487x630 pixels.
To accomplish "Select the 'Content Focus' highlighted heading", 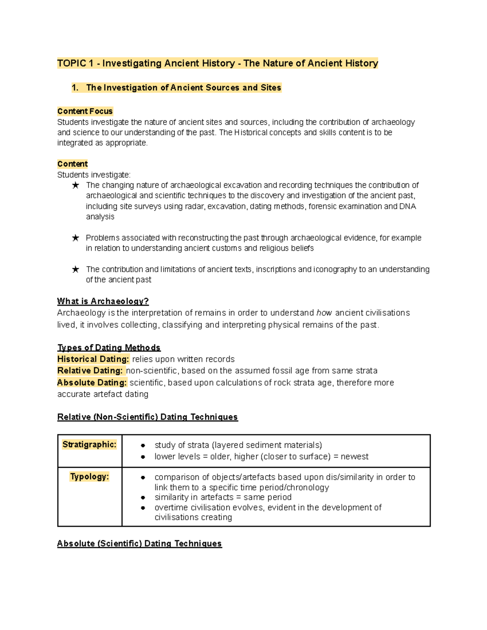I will (85, 111).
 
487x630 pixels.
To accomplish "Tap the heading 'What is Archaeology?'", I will (103, 301).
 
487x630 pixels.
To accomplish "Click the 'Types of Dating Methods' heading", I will (109, 348).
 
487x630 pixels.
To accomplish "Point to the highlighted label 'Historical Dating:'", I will (93, 359).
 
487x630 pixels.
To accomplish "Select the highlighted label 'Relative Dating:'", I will (90, 370).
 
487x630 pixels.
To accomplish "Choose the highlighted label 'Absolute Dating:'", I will (92, 383).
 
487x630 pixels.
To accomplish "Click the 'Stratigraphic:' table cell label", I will (89, 445).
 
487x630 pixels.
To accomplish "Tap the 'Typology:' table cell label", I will (89, 477).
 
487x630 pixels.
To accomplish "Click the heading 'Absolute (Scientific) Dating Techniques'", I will (139, 544).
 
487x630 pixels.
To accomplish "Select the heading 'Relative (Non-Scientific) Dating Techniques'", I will (147, 417).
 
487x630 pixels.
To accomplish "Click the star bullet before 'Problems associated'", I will (75, 238).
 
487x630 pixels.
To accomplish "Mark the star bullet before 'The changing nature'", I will (75, 185).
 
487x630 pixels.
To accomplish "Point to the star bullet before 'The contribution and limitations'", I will (75, 269).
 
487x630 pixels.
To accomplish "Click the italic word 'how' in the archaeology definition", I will (324, 313).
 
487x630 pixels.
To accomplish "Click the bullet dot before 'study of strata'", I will (143, 445).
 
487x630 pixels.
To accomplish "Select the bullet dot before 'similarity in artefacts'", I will (143, 497).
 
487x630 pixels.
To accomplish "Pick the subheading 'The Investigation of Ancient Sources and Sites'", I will (183, 88).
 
